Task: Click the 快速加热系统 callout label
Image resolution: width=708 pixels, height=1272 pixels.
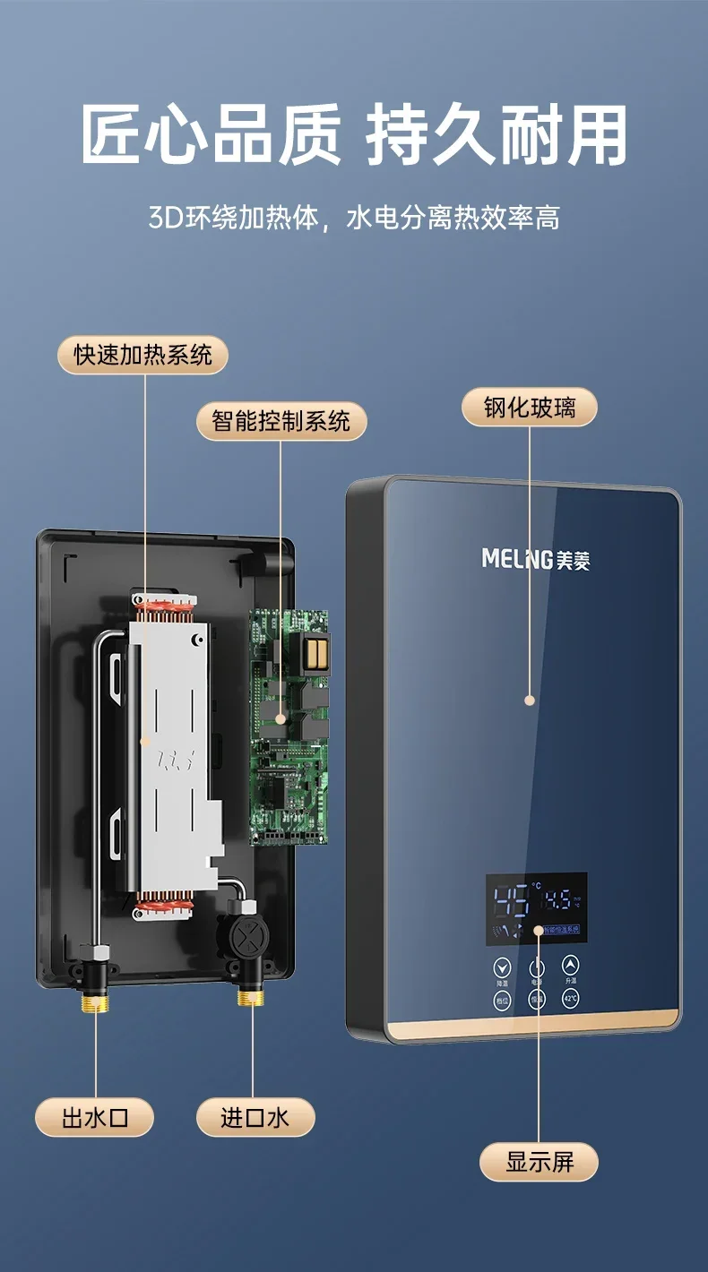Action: point(143,355)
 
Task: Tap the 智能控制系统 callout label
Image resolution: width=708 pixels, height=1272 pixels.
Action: point(281,421)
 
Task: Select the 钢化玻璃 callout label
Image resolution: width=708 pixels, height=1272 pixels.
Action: point(529,408)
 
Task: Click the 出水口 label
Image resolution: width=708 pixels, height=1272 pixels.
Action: point(95,1117)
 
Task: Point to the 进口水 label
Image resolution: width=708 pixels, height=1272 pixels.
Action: point(255,1117)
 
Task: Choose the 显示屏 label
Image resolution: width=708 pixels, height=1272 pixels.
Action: point(539,1162)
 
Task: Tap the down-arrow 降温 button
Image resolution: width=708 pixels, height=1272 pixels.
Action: point(502,967)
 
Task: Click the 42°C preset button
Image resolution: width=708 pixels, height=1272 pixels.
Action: point(571,998)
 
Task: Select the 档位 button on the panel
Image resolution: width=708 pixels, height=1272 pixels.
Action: point(502,1000)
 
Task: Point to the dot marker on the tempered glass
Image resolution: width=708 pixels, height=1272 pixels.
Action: point(530,700)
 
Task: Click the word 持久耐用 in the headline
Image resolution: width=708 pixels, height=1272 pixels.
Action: point(496,134)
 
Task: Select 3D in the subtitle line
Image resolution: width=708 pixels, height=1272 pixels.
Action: point(165,218)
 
